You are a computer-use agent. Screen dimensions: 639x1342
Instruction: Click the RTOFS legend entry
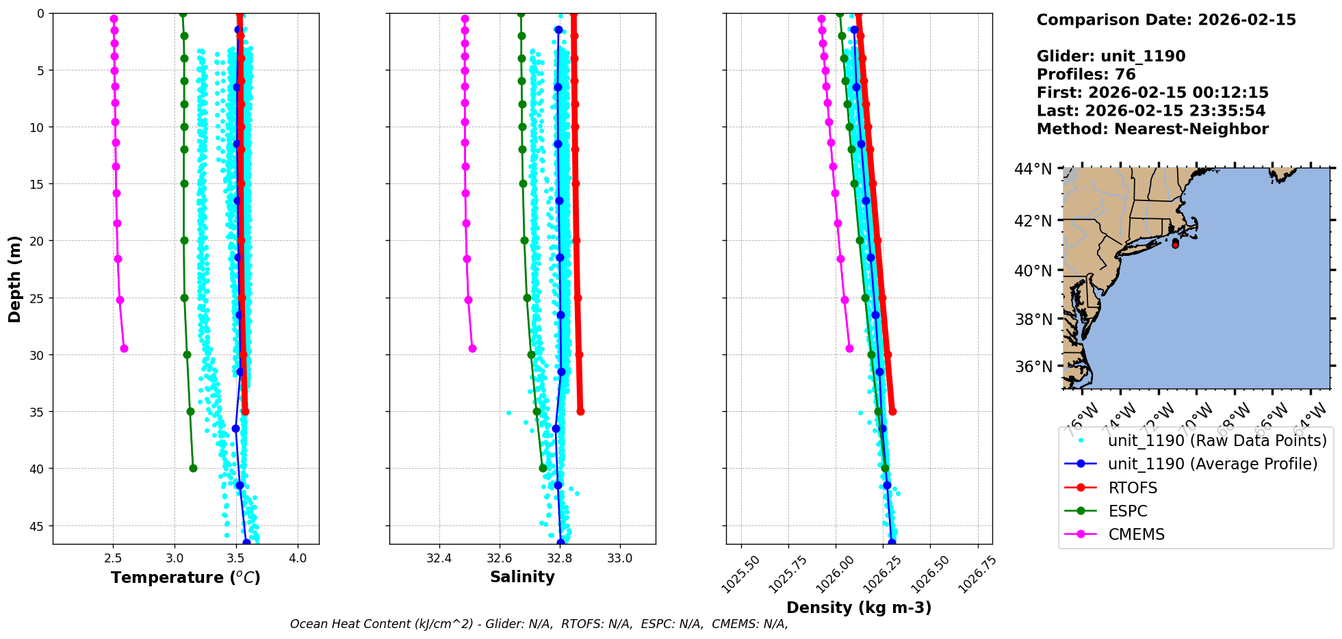point(1133,488)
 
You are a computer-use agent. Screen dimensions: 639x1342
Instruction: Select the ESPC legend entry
point(1128,511)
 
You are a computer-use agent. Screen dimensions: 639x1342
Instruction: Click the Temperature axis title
point(185,577)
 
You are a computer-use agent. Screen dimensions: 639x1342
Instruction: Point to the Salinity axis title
point(522,577)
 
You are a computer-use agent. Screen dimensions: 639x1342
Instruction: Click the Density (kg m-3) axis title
point(859,608)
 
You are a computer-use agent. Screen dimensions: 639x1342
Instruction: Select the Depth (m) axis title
point(15,278)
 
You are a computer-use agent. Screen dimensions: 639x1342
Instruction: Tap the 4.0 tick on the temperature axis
point(298,558)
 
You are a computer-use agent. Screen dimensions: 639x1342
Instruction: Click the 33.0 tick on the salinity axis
point(620,558)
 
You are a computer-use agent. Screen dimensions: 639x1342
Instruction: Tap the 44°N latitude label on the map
point(1033,169)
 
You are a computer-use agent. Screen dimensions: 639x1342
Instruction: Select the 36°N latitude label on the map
point(1033,367)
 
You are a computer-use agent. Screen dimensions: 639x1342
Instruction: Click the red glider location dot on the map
point(1175,244)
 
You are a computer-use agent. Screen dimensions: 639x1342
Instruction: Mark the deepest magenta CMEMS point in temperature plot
point(124,348)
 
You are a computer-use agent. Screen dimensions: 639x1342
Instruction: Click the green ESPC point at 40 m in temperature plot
point(193,468)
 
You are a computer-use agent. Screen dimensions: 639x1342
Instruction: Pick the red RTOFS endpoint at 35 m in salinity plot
point(580,411)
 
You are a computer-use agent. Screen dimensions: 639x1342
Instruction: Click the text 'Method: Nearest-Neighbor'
point(1152,129)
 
